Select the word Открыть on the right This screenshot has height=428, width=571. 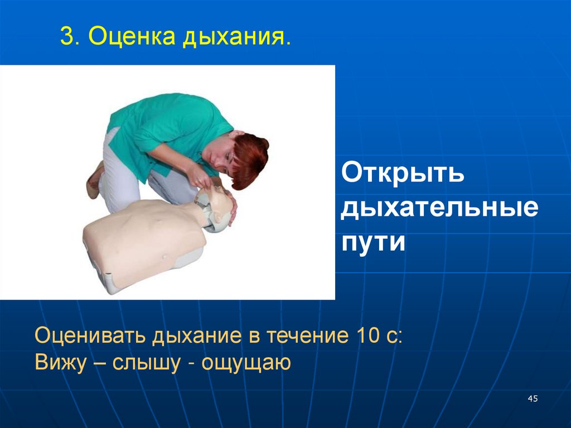click(x=403, y=173)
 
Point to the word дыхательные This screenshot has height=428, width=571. click(x=440, y=209)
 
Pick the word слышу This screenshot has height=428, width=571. click(x=146, y=363)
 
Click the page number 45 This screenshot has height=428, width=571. click(x=532, y=398)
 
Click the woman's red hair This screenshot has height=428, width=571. click(x=249, y=159)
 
